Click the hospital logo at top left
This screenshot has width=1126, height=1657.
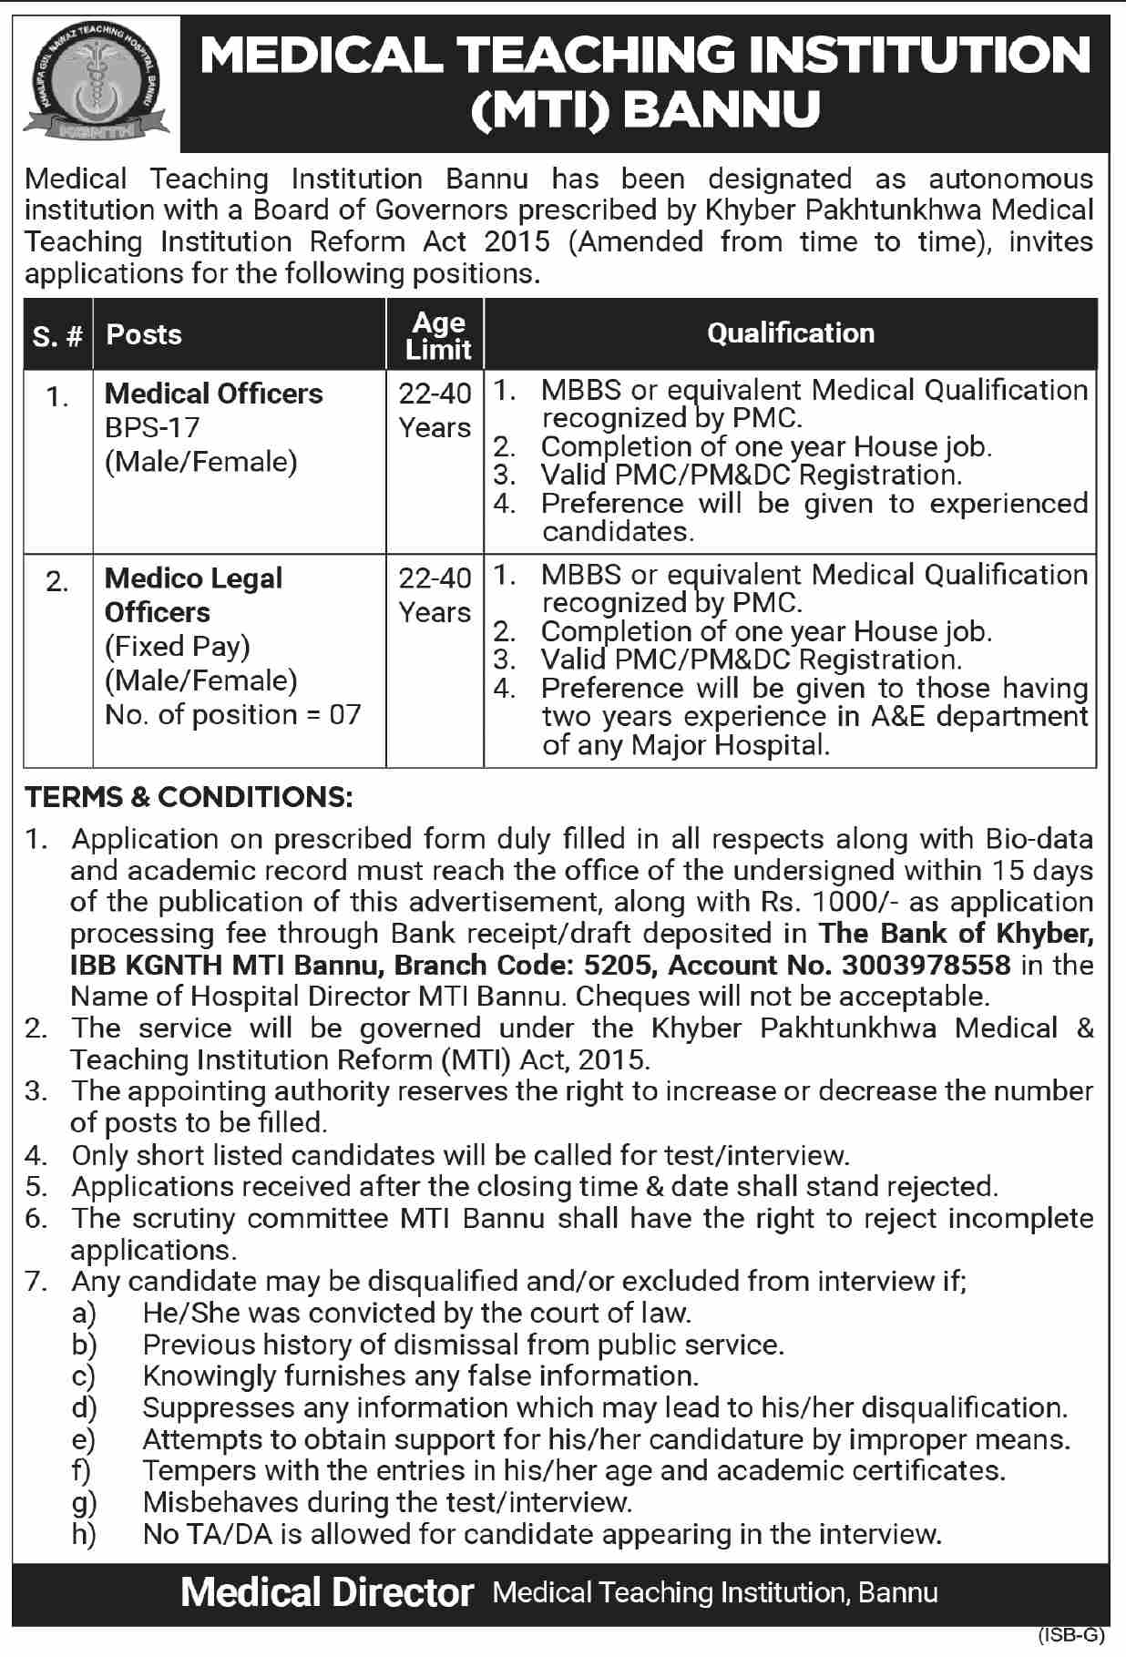96,83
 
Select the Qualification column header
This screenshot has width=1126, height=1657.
790,333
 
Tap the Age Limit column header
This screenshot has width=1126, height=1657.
437,335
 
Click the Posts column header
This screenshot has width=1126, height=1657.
144,334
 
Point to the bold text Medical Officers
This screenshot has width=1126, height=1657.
214,394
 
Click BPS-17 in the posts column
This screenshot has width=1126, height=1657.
152,427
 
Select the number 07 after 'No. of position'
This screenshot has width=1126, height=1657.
345,714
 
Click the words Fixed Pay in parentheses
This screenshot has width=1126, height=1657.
178,646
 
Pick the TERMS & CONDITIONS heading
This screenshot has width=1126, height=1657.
189,797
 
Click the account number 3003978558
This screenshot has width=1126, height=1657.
926,965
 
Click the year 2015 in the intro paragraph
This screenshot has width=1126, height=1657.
517,241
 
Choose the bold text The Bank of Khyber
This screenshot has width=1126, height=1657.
956,934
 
